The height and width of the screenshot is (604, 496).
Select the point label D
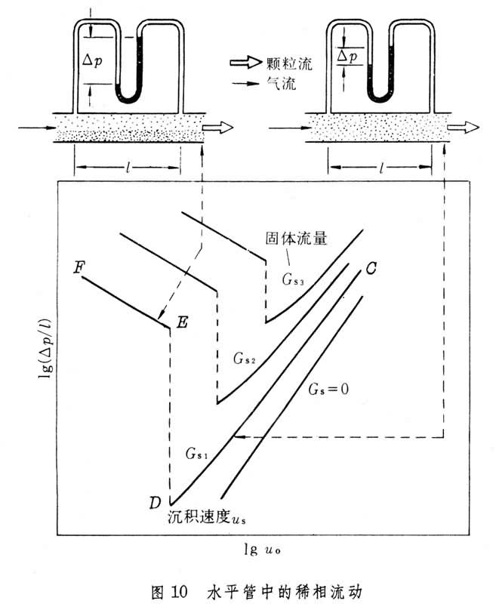pos(156,502)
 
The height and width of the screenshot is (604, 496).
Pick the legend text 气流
pos(279,85)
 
